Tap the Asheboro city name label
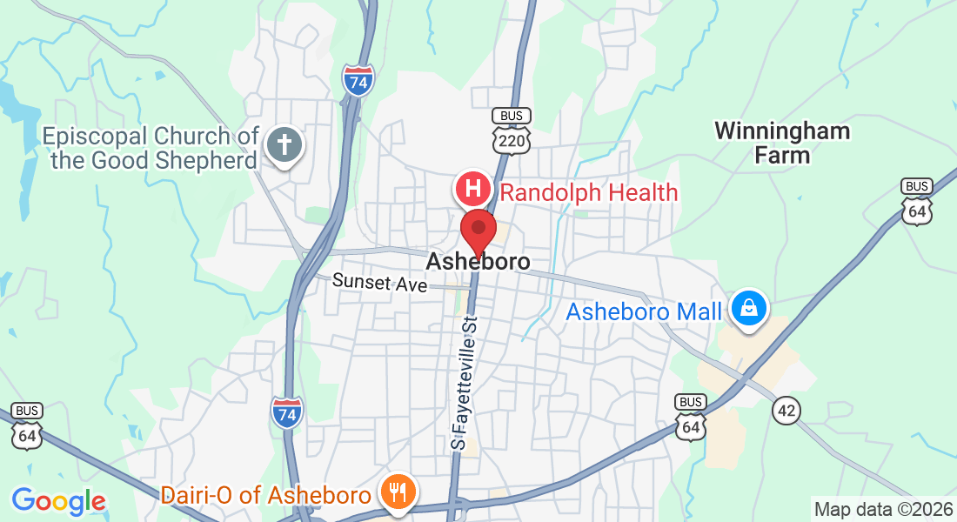(x=478, y=261)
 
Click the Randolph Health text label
(x=589, y=192)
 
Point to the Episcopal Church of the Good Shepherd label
(x=151, y=148)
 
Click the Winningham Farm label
(x=781, y=144)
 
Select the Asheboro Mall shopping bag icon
(x=746, y=308)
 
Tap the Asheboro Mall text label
(x=644, y=311)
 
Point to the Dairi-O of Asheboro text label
(x=265, y=496)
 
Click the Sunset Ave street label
(x=379, y=283)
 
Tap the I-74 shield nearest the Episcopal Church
(x=358, y=79)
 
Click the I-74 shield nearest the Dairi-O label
(x=287, y=412)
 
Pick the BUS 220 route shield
(x=511, y=130)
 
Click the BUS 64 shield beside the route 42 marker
(x=691, y=418)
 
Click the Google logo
(x=58, y=501)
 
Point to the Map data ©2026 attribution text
(x=882, y=509)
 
